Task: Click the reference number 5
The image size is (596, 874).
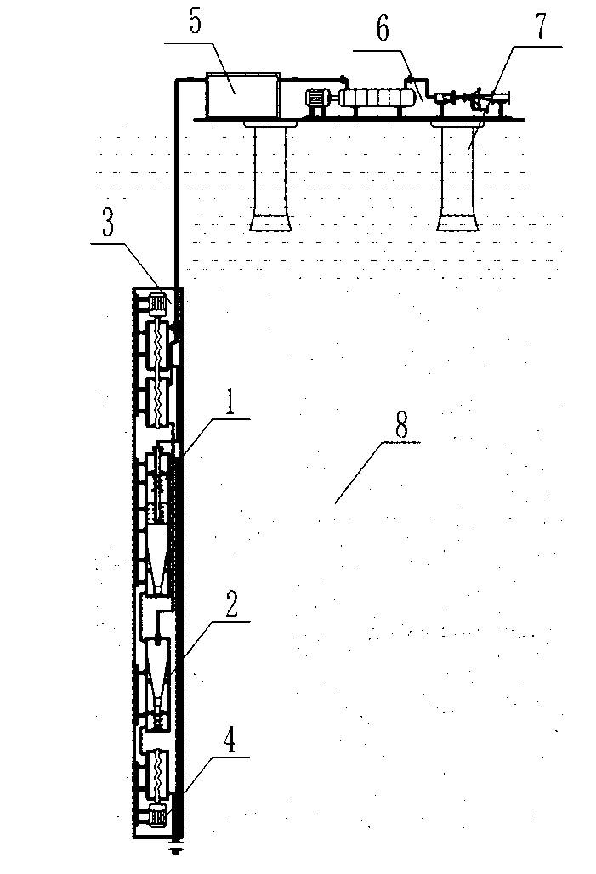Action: [196, 23]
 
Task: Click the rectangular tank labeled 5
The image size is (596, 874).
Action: [242, 95]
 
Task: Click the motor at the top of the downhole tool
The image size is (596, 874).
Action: [157, 301]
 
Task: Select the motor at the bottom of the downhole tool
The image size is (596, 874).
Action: [157, 817]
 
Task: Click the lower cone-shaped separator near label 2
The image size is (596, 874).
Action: [159, 672]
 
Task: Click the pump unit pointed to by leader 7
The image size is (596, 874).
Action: [486, 101]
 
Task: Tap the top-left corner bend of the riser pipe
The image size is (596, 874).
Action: [176, 80]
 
